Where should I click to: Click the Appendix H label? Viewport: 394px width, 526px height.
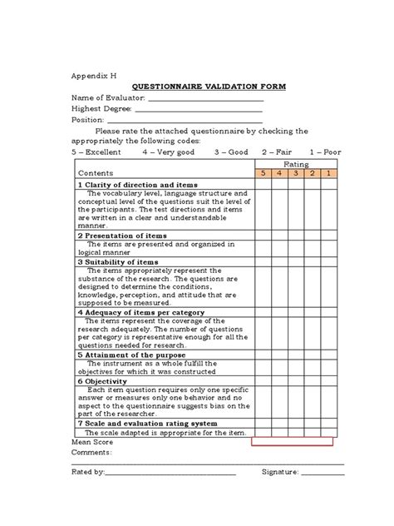[x=92, y=74]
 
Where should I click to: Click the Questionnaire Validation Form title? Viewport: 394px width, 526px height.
[x=196, y=87]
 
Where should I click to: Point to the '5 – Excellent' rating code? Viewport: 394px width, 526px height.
[x=96, y=152]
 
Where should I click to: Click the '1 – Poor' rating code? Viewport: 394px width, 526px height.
[x=325, y=152]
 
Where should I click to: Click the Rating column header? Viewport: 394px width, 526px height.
[x=296, y=165]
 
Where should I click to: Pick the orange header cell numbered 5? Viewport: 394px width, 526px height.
[x=263, y=173]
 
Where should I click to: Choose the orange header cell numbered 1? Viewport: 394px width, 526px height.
[x=329, y=173]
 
